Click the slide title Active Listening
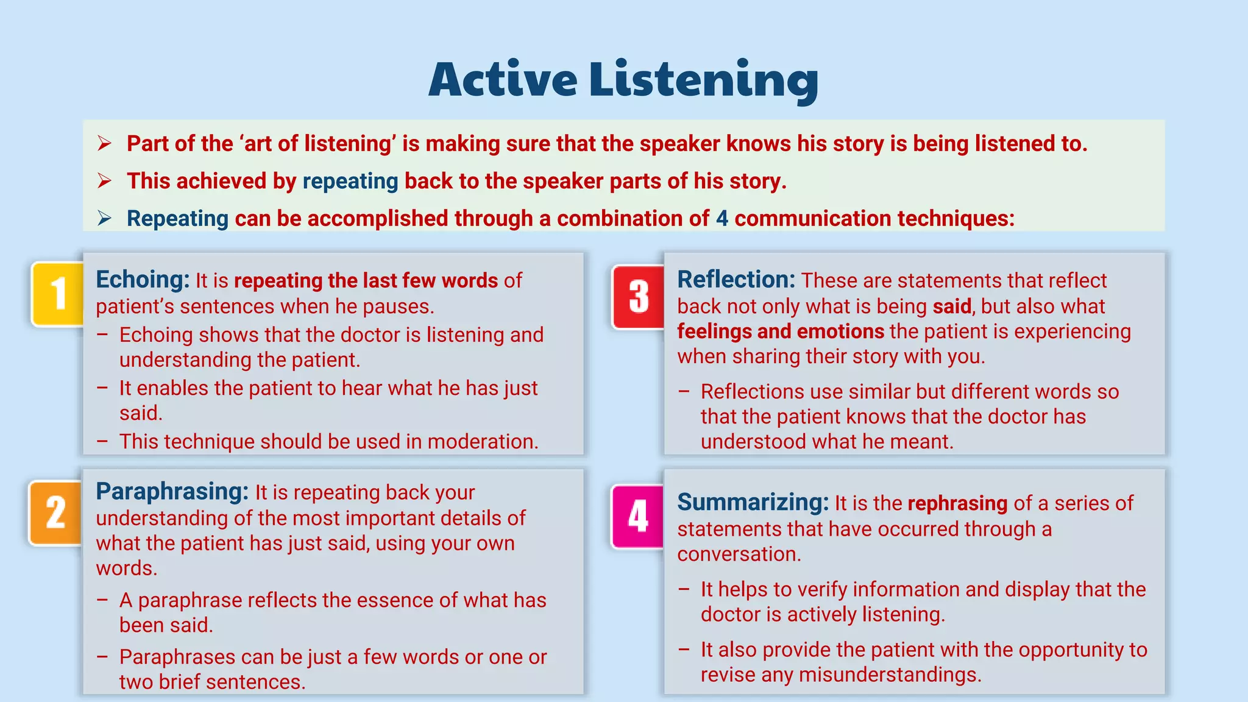click(x=623, y=80)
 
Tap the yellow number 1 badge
click(x=58, y=294)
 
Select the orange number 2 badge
click(x=55, y=512)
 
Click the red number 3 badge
click(x=639, y=297)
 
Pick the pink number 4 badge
click(x=638, y=516)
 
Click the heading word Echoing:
click(x=143, y=280)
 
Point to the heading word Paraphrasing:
click(x=172, y=491)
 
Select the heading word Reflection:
click(x=736, y=280)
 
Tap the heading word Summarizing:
click(x=753, y=503)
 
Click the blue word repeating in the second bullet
click(x=350, y=181)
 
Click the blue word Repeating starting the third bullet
click(x=177, y=218)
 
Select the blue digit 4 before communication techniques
click(x=722, y=218)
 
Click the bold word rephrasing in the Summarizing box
click(x=957, y=503)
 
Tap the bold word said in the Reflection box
click(x=952, y=306)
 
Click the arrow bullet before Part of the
click(x=104, y=144)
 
